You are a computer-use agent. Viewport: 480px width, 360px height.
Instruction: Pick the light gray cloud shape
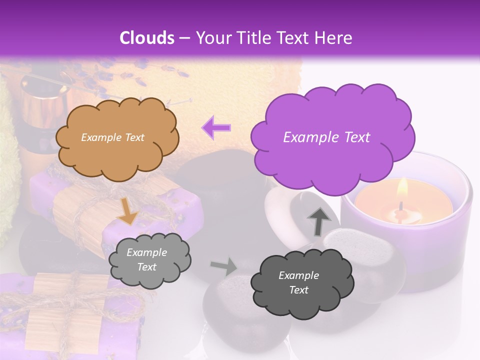pyautogui.click(x=149, y=259)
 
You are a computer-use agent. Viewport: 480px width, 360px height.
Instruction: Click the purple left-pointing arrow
pyautogui.click(x=216, y=127)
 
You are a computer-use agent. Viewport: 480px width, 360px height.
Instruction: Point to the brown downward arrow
pyautogui.click(x=128, y=210)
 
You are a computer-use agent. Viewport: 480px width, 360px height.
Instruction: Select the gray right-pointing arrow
pyautogui.click(x=224, y=267)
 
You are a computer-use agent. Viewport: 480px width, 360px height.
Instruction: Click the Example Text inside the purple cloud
pyautogui.click(x=326, y=137)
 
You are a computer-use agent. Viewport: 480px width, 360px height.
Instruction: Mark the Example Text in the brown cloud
pyautogui.click(x=112, y=137)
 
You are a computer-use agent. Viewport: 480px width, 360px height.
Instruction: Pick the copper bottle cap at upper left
pyautogui.click(x=44, y=100)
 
